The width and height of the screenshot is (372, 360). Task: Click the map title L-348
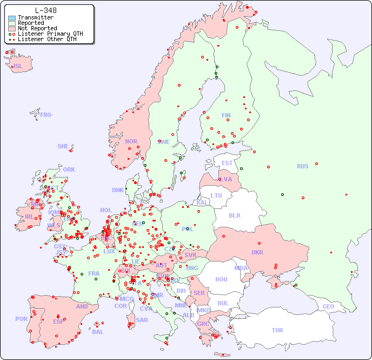pos(45,10)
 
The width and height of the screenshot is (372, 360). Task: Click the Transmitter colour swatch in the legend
pos(12,17)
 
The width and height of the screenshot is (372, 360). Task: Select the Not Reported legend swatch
pos(12,28)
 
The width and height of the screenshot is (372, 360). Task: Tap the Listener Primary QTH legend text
pos(50,34)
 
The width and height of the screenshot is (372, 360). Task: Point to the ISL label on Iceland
pos(18,67)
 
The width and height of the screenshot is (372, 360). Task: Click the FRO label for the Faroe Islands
pos(46,115)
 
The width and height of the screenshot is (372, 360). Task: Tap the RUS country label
pos(302,166)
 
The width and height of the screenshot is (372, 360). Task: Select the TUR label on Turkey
pos(277,330)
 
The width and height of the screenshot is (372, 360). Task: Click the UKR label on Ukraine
pos(257,252)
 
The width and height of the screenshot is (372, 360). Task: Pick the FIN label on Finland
pos(226,115)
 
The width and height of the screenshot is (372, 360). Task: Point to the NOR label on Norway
pos(131,141)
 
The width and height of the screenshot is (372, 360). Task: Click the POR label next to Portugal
pos(21,319)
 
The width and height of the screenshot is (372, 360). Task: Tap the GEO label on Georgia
pos(328,306)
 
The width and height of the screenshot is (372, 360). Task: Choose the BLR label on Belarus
pos(234,215)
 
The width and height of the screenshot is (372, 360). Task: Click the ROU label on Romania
pos(221,279)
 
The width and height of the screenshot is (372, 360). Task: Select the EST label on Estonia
pos(227,163)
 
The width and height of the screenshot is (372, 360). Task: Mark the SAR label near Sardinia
pos(142,320)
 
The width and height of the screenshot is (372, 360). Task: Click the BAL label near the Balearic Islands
pos(97,332)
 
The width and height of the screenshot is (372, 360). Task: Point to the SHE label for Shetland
pos(63,146)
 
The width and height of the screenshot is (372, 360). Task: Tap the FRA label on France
pos(94,273)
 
